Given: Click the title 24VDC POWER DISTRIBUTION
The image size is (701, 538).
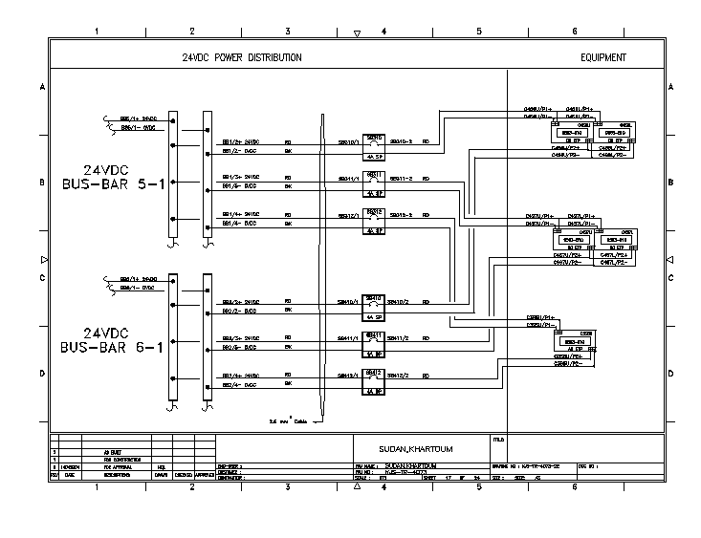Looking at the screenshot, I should [242, 57].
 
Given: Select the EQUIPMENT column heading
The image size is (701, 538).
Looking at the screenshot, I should [603, 57].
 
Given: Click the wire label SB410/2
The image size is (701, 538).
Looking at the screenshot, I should [399, 301].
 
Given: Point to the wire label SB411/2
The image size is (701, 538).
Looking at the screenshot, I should [399, 338].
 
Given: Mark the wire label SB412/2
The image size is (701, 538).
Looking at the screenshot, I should [399, 376].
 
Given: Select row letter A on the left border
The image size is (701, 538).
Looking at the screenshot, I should [42, 87].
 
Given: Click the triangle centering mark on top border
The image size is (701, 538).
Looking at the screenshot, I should [357, 33].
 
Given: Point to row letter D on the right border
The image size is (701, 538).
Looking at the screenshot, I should [669, 374].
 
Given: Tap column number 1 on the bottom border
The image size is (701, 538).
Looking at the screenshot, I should [97, 486].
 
